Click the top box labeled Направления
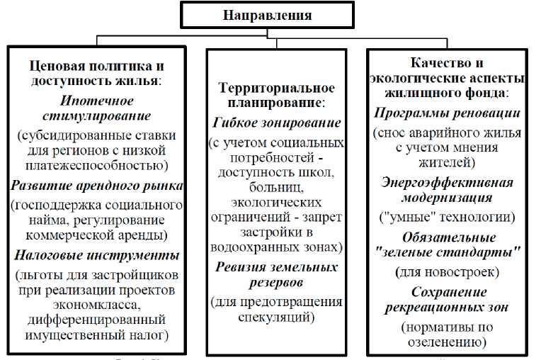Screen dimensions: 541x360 pyautogui.click(x=267, y=15)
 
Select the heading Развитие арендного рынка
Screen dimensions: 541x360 pyautogui.click(x=96, y=186)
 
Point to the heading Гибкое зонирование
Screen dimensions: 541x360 pyautogui.click(x=276, y=123)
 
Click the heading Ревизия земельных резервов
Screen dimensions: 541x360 pyautogui.click(x=276, y=274)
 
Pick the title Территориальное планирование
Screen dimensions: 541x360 pyautogui.click(x=276, y=94)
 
